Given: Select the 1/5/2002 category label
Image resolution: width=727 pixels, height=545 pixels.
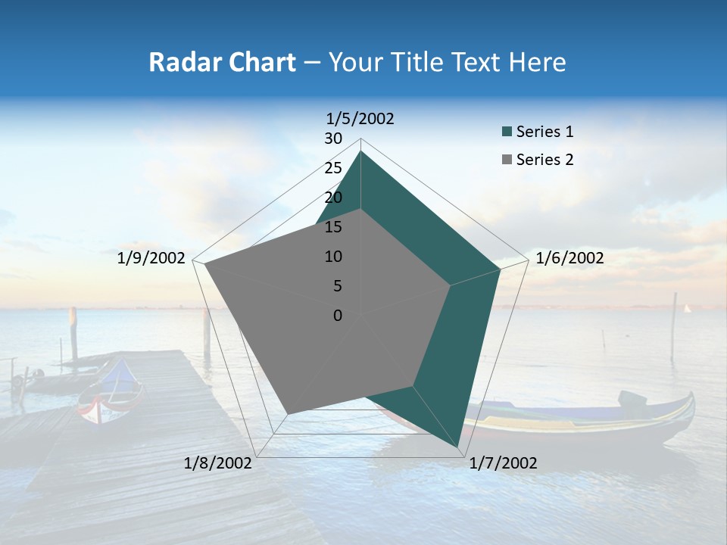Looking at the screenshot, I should [x=360, y=118].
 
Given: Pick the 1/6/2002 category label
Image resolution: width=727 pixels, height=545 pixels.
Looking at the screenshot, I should [x=569, y=258].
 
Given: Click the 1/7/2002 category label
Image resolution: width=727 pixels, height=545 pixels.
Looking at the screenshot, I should [x=503, y=463].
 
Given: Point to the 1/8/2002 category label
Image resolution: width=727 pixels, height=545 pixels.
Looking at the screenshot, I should [x=218, y=463].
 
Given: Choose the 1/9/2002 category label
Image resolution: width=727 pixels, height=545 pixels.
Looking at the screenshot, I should [x=151, y=258].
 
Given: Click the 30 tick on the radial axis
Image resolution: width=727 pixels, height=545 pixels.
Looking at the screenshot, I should [x=333, y=139].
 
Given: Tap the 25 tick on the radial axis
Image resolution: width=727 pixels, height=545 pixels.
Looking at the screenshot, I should [x=333, y=168].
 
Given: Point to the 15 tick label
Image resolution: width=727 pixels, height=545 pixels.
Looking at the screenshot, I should [x=333, y=227].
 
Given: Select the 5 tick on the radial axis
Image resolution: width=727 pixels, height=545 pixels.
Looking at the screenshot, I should [x=337, y=286].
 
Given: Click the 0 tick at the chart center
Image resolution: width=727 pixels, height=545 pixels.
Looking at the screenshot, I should [x=338, y=316].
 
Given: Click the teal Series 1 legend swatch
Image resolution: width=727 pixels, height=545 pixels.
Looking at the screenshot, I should [x=507, y=132].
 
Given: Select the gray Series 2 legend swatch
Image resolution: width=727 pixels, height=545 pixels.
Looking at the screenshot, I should [x=507, y=160].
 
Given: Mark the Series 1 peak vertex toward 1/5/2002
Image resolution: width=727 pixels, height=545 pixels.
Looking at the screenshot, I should [x=361, y=151].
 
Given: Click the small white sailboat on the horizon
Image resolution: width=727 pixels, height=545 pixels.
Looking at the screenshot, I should [x=687, y=308].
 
